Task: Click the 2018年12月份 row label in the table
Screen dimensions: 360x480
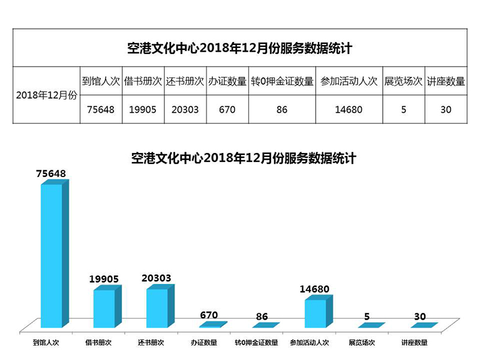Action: coord(46,95)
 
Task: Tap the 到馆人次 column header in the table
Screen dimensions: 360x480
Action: coord(101,81)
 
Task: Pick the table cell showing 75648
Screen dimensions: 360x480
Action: coord(101,110)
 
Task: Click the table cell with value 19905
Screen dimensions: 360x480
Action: coord(143,110)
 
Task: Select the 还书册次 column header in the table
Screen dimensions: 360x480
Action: coord(185,81)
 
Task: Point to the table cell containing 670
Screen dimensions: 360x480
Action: coord(227,110)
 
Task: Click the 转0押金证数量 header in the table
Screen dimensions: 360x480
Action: coord(282,81)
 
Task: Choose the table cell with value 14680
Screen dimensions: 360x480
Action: coord(349,110)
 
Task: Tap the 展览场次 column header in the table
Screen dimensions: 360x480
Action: coord(403,81)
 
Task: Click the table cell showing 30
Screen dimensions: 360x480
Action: coord(445,110)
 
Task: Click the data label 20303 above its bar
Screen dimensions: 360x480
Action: coord(157,278)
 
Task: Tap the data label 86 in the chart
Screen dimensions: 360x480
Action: coord(262,316)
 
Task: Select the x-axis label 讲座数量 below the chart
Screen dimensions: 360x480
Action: coord(415,343)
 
